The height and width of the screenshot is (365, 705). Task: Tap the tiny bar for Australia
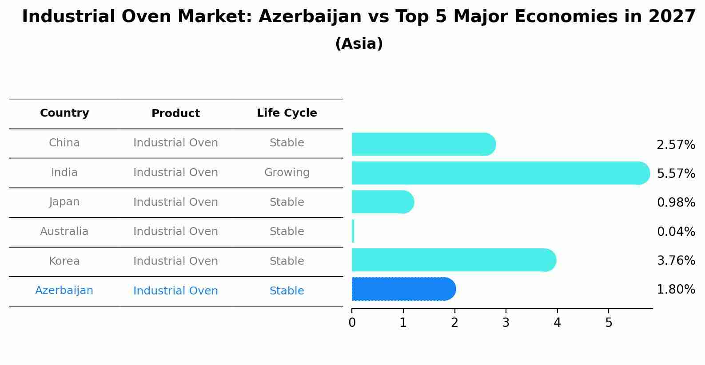353,231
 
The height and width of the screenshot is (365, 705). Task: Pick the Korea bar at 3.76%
453,260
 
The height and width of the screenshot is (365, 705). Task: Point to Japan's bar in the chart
382,202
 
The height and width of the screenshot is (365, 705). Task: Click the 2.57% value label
675,145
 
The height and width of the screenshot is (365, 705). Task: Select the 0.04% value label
675,232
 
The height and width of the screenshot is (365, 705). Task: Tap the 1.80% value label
675,290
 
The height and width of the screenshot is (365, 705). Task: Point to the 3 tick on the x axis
506,322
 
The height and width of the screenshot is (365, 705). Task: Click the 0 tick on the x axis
352,322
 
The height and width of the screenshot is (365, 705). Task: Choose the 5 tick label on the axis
609,322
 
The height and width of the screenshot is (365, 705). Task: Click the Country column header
64,113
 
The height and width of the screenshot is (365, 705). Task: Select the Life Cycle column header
287,113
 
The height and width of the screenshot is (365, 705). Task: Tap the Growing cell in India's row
287,173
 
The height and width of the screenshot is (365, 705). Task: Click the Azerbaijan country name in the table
64,290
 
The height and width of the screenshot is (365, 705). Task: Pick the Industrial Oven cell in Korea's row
175,261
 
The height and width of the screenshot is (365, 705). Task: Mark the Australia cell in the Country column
64,232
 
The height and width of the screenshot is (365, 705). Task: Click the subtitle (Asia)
359,44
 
